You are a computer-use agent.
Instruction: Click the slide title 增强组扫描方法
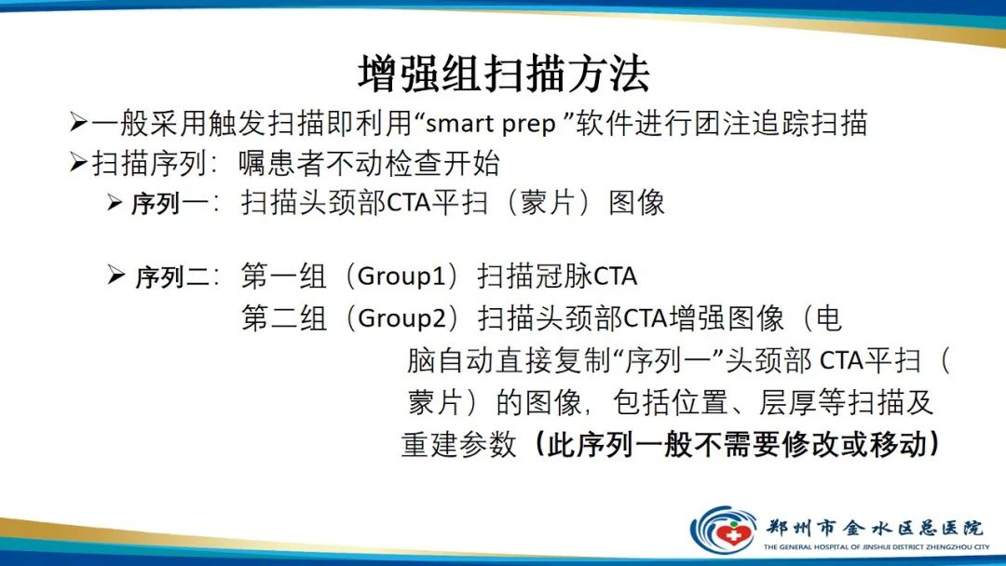pos(503,74)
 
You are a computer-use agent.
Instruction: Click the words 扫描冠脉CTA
pos(557,276)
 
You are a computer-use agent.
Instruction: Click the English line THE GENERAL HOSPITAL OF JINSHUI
pos(876,547)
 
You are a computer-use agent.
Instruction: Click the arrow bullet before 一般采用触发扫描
pos(78,122)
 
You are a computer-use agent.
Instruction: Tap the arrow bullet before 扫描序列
pos(78,163)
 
